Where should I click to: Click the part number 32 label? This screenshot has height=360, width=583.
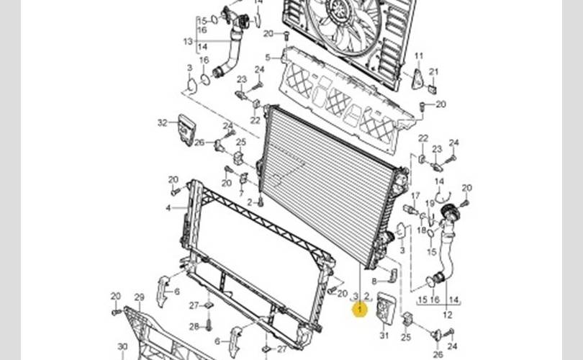(162, 123)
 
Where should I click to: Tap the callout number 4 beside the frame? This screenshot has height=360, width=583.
(168, 208)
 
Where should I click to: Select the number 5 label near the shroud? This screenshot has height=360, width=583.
(268, 58)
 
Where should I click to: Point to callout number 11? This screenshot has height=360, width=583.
(419, 55)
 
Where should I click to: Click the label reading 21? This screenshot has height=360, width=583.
(433, 71)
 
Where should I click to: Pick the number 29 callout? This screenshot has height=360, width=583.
(139, 297)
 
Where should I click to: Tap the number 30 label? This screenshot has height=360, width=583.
(122, 346)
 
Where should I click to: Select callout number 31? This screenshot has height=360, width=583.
(384, 336)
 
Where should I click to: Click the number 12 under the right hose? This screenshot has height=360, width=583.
(447, 315)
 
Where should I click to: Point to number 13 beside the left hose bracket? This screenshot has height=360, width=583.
(188, 41)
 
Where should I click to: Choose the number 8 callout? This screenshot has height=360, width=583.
(374, 281)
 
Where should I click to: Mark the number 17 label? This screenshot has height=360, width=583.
(415, 196)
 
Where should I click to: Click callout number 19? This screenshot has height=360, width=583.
(430, 204)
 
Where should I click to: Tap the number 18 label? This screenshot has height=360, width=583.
(422, 230)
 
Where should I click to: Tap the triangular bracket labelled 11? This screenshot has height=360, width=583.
(417, 78)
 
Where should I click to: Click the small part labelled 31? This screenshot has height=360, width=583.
(386, 308)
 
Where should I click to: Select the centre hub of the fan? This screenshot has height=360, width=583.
(338, 8)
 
